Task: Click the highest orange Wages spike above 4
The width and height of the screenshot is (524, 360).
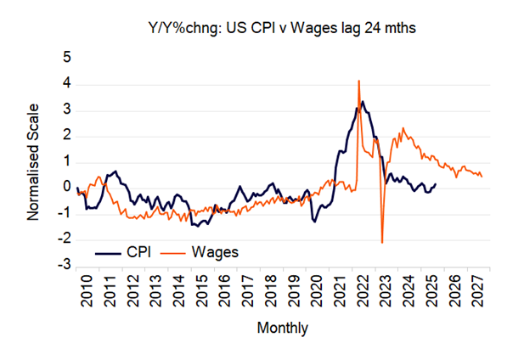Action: (x=359, y=81)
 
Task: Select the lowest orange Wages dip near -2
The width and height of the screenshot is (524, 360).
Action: (x=382, y=243)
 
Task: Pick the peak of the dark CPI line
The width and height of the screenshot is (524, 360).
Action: (x=363, y=102)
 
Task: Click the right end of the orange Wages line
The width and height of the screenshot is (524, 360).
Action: (x=482, y=176)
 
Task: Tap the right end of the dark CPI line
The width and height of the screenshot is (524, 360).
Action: (x=436, y=184)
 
